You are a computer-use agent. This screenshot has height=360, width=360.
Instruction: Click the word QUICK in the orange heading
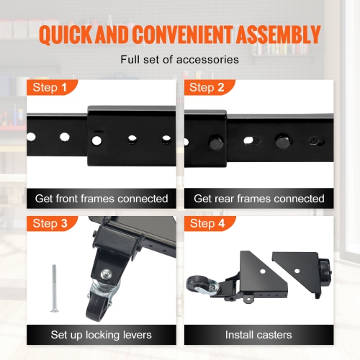coord(66,35)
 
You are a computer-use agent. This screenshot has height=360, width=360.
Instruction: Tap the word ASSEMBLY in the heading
coord(278,35)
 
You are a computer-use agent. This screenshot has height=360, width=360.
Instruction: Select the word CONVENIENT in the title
coord(182,35)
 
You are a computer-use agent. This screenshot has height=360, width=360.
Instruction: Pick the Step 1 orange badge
coord(51,87)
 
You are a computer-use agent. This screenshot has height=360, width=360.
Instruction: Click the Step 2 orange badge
coord(209,87)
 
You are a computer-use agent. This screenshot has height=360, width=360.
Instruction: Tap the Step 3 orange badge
coord(51,223)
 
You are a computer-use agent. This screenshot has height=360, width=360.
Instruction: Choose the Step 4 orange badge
coord(209,223)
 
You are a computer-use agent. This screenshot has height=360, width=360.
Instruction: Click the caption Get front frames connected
coord(102,199)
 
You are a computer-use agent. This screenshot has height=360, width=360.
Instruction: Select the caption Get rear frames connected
coord(259,199)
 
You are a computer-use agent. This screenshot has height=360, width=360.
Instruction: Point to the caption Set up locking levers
coord(102,335)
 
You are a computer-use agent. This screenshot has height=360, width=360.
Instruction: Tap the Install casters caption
coord(258,335)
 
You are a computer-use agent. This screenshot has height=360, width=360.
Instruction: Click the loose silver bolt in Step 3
coord(55,288)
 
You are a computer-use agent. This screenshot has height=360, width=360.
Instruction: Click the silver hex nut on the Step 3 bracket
coord(106,274)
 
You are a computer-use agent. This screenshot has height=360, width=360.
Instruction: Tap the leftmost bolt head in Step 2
coord(217,143)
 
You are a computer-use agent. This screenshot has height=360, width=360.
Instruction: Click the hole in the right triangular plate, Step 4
coord(297,271)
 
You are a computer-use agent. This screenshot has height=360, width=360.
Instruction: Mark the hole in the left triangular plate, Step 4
coord(263,271)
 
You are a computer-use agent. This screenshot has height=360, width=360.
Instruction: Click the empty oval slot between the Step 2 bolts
coord(252,140)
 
